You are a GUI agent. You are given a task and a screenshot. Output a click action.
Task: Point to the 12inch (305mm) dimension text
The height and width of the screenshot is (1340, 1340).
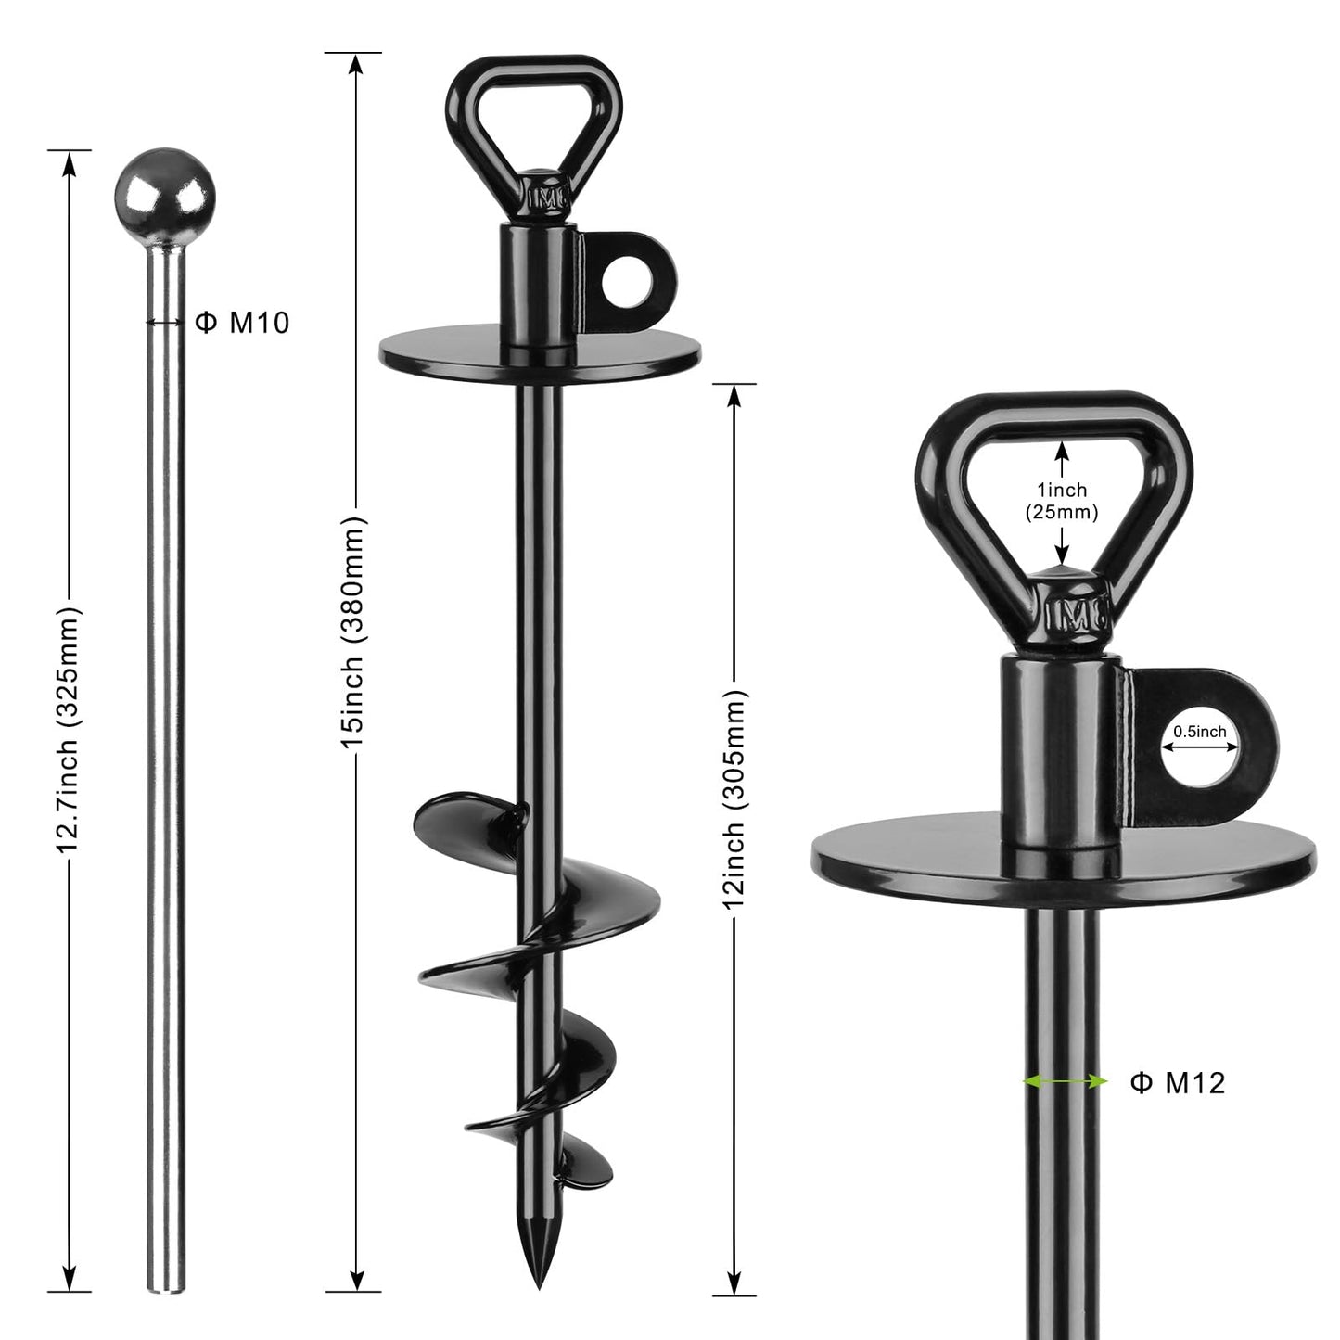point(734,798)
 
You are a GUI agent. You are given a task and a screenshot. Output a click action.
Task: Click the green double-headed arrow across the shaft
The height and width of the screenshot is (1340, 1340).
point(1066,1081)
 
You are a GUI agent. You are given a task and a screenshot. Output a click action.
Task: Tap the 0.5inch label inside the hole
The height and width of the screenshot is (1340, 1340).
point(1199,732)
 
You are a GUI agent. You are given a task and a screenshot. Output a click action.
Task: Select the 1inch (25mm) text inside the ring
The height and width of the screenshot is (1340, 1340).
point(1062,501)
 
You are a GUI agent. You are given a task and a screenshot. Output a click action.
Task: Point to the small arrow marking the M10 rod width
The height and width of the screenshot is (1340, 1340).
point(165,323)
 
